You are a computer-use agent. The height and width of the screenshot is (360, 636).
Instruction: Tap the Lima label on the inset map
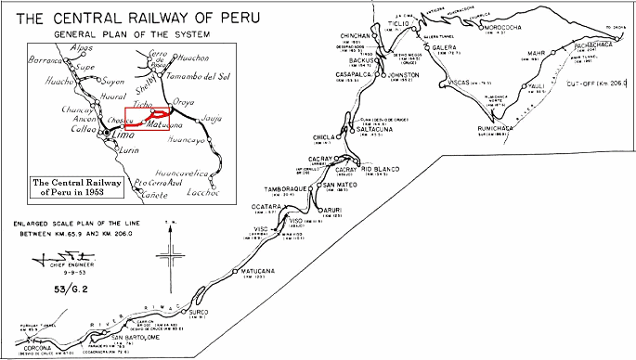click(112, 135)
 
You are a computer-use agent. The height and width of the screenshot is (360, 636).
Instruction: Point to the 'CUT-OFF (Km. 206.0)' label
click(596, 83)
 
